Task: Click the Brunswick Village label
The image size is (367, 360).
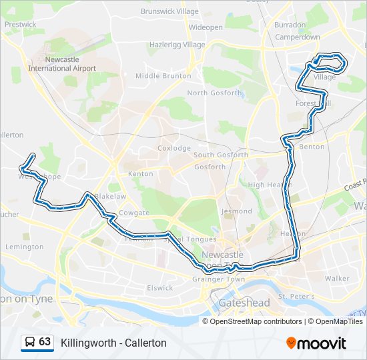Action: (169, 11)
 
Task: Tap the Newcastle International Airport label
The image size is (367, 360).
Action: (62, 64)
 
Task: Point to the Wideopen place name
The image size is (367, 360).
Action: (206, 28)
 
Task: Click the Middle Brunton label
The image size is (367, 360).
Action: (163, 76)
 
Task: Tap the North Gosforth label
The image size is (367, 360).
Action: (214, 93)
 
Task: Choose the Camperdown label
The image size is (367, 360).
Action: (298, 37)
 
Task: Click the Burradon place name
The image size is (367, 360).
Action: (290, 25)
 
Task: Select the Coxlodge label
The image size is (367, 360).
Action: (173, 148)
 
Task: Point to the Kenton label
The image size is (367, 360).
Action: (140, 174)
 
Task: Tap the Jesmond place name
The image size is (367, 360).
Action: (237, 211)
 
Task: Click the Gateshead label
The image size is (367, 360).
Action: (245, 303)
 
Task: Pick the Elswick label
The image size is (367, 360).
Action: (160, 288)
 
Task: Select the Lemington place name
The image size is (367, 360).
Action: (24, 247)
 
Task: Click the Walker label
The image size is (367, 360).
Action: (337, 278)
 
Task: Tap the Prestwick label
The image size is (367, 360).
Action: (21, 24)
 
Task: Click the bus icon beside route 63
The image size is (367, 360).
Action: (30, 343)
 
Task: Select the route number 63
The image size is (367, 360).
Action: (45, 342)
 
